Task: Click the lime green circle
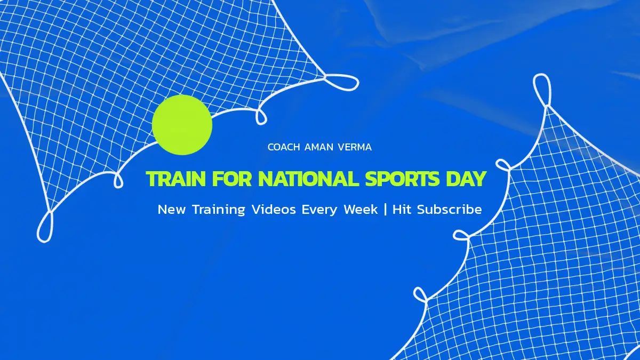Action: pos(182,125)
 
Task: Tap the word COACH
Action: pos(284,147)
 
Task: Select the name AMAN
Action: pos(319,147)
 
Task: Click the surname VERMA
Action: pos(355,147)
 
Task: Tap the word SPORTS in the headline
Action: pos(402,179)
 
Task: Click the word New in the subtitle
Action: pos(171,210)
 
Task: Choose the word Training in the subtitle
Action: pos(219,210)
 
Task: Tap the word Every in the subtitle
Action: pos(319,210)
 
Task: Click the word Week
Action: pos(361,210)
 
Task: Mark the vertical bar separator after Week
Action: pos(386,210)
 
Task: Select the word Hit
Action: pos(402,210)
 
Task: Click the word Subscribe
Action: pos(450,210)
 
